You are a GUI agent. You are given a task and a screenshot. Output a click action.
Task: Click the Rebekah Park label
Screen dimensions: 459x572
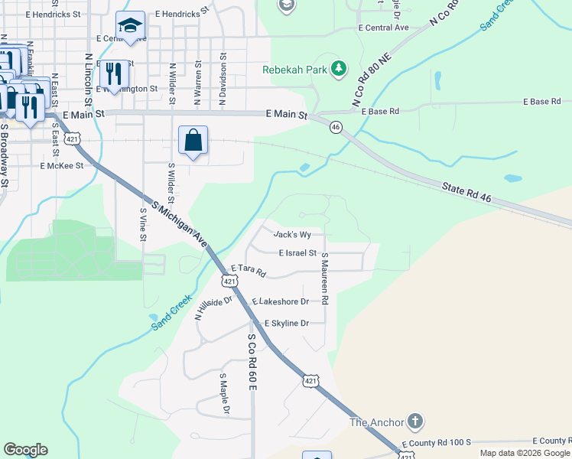point(294,70)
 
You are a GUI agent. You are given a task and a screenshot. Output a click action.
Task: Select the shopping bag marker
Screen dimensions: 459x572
point(193,141)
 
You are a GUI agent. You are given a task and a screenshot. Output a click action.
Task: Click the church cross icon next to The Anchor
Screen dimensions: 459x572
point(414,422)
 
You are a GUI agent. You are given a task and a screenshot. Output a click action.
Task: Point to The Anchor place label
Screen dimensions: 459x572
point(375,422)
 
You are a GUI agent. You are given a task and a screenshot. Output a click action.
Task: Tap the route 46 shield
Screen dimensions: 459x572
point(336,128)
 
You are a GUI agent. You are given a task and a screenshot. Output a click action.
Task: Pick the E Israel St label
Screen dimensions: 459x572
point(297,252)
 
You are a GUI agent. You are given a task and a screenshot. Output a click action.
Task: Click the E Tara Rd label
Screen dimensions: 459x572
point(248,270)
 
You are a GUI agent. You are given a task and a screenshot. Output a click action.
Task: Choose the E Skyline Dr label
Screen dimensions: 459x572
point(286,324)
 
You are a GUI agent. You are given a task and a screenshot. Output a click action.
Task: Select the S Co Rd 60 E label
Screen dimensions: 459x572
point(251,361)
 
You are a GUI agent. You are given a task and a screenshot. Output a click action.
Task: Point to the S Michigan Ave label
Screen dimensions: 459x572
point(181,223)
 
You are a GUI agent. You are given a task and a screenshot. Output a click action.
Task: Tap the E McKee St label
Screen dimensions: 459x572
point(61,164)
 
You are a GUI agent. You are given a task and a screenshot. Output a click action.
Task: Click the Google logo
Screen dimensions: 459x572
point(25,450)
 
